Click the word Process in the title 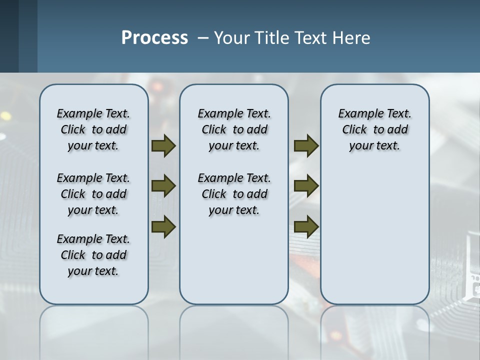coord(154,38)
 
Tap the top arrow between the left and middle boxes coord(163,146)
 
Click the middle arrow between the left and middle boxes coord(163,186)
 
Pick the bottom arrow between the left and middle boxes coord(163,226)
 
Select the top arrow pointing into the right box coord(306,146)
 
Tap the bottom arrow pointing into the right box coord(306,226)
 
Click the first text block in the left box coord(93,129)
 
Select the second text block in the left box coord(93,194)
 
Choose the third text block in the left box coord(93,255)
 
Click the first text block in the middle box coord(234,129)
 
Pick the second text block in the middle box coord(234,194)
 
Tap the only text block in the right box coord(374,129)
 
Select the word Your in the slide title coord(232,38)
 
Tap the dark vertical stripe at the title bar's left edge coord(28,36)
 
